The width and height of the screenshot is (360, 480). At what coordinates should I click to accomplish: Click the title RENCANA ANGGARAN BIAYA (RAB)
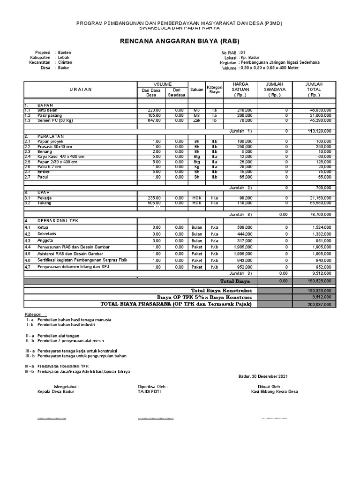[180, 41]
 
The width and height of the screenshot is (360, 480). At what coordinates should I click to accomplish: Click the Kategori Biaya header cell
[214, 90]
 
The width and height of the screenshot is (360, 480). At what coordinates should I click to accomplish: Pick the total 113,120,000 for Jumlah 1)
[319, 131]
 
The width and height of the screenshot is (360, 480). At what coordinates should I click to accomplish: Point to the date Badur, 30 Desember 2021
[263, 376]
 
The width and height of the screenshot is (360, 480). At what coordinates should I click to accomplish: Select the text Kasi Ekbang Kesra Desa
[274, 392]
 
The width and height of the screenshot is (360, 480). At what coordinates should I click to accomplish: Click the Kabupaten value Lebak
[64, 57]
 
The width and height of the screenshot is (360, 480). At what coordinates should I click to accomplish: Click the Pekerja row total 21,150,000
[319, 198]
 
